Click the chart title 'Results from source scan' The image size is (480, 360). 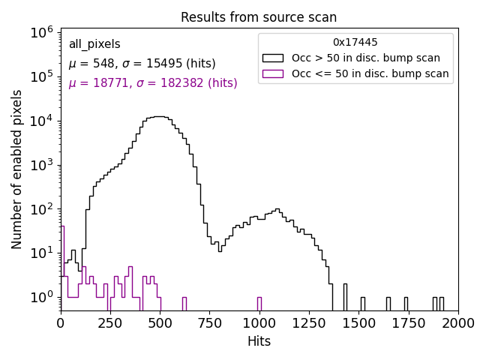click(x=259, y=17)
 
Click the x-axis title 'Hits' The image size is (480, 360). click(x=259, y=341)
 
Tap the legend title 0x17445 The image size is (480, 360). click(x=355, y=42)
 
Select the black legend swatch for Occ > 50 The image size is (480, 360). click(x=273, y=58)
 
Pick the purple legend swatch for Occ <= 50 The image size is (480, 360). click(x=273, y=73)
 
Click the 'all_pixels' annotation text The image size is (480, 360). click(x=94, y=44)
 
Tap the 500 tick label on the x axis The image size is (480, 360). click(x=160, y=322)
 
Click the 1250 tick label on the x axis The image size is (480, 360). click(x=309, y=322)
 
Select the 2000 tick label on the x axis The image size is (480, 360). click(x=457, y=322)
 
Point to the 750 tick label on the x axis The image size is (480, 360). click(x=209, y=322)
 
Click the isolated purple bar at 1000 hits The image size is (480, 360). click(x=259, y=304)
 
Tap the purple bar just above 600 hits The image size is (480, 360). click(x=184, y=304)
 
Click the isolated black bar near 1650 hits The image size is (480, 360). click(x=388, y=304)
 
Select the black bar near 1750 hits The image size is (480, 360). click(x=406, y=304)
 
